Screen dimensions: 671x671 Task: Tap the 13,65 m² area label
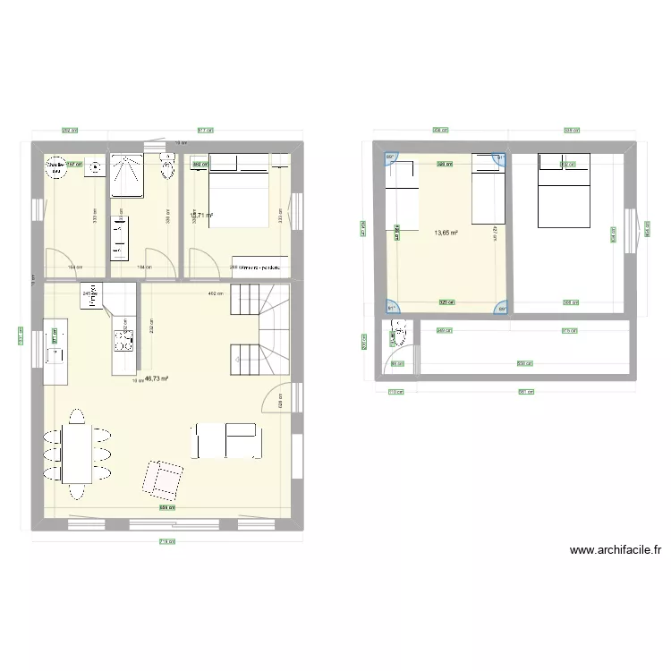446,234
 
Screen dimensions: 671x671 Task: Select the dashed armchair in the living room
162,479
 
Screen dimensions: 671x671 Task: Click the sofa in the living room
226,440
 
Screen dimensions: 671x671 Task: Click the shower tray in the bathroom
128,175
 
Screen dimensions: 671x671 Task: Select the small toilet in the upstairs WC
396,335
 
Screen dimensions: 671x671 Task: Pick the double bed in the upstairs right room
564,190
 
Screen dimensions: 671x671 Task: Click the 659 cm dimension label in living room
166,508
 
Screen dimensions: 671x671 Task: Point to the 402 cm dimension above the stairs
215,293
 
